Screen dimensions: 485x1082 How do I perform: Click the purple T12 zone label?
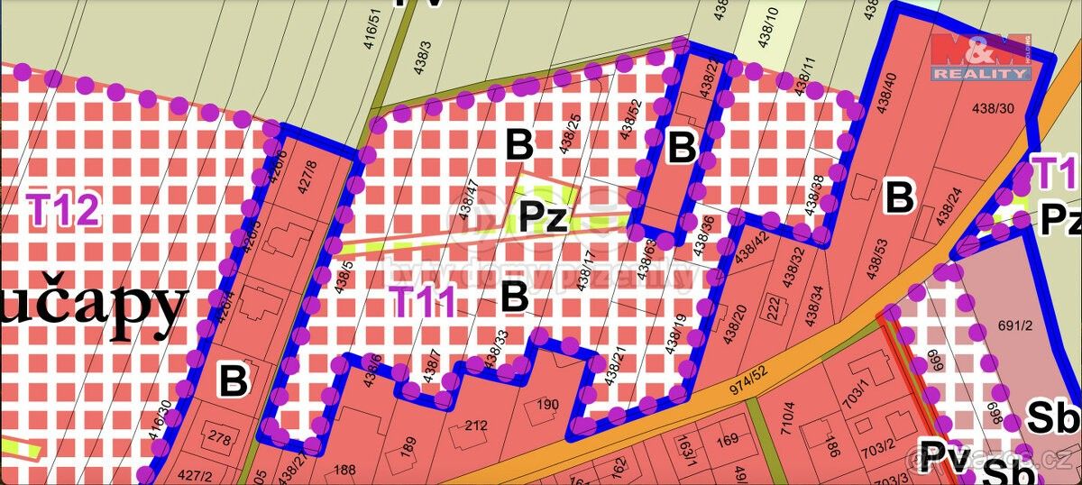62,210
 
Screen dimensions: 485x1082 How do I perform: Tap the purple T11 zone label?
424,301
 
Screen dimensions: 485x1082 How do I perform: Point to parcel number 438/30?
995,108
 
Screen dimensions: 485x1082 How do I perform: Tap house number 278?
219,439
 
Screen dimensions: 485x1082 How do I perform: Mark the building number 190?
546,404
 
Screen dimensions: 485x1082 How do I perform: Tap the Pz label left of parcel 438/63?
543,217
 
